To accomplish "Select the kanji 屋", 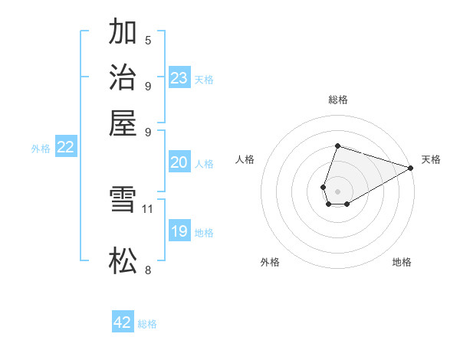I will click(x=123, y=122).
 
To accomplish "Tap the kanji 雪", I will click(x=123, y=201).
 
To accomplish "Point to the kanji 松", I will click(x=123, y=261).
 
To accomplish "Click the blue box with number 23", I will click(x=179, y=77).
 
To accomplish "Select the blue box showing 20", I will click(x=179, y=162).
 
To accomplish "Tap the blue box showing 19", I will click(x=179, y=231).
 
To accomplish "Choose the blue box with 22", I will click(x=65, y=148).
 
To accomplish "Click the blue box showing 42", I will click(x=123, y=322).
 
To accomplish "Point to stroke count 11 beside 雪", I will click(x=148, y=208).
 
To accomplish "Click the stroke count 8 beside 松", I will click(x=147, y=269).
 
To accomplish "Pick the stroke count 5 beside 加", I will click(x=147, y=40).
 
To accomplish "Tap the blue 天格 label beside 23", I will click(x=204, y=79).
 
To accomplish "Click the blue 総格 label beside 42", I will click(x=147, y=324).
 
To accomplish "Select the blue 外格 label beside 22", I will click(x=41, y=149).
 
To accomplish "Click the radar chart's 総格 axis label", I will click(x=337, y=100).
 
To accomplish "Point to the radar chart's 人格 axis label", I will click(x=245, y=159).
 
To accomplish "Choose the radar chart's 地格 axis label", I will click(x=402, y=263).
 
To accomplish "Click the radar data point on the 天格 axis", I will click(x=411, y=168).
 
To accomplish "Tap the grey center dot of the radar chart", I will click(x=337, y=190).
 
